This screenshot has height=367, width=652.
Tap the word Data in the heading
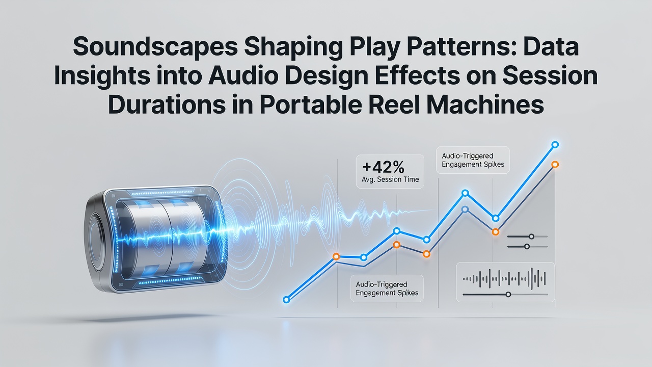click(x=549, y=46)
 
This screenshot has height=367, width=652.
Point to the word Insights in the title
click(x=102, y=76)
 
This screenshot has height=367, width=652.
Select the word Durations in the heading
click(x=167, y=104)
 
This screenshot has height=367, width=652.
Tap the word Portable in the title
click(x=310, y=104)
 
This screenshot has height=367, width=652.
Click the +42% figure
click(x=384, y=167)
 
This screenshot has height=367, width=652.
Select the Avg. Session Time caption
click(x=390, y=179)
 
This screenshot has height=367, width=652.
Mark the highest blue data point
click(x=555, y=144)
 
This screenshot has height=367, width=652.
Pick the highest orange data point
click(x=555, y=165)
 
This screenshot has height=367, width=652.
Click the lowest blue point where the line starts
click(x=286, y=299)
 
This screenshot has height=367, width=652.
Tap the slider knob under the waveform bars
click(x=508, y=295)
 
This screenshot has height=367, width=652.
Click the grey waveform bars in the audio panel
click(x=504, y=279)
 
